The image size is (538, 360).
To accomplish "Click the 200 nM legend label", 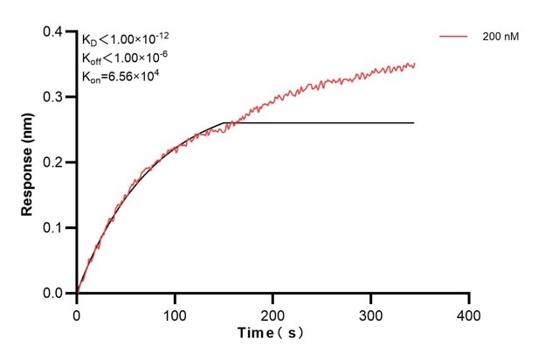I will (x=500, y=37).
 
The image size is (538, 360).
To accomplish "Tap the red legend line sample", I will (x=454, y=37).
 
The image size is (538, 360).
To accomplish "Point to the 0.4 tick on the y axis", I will (x=58, y=32).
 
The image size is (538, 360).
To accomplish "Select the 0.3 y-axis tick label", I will (x=58, y=97).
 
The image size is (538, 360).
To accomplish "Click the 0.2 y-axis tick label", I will (x=58, y=163).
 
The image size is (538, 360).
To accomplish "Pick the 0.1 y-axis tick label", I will (x=58, y=228).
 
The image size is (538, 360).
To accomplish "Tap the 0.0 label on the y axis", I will (x=58, y=294).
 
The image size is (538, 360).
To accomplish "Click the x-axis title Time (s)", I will (x=272, y=334).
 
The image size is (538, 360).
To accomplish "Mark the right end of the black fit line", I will (x=413, y=122).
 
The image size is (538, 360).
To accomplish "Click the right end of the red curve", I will (x=414, y=64).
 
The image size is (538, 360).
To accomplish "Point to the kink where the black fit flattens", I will (x=226, y=122).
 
